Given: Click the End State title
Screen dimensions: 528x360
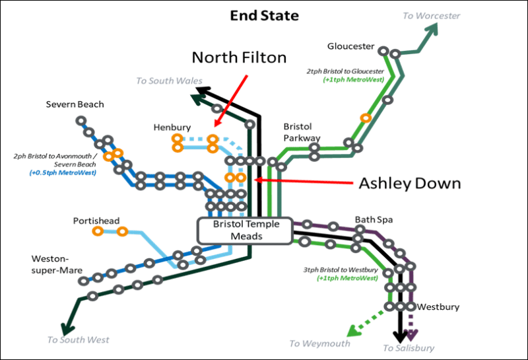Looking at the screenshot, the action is (265, 15).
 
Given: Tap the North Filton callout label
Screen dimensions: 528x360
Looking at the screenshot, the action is (239, 57).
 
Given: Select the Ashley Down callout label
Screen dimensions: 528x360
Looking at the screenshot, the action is (410, 184).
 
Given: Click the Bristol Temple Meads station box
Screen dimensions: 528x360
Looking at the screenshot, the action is (245, 231).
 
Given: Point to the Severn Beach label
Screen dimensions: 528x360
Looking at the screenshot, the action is (75, 104).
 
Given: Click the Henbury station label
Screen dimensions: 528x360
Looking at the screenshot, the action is (172, 127).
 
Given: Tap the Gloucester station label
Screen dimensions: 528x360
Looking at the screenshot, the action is (350, 46).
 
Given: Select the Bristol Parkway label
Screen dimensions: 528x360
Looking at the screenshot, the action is (302, 132).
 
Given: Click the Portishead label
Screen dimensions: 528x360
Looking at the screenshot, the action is (96, 221).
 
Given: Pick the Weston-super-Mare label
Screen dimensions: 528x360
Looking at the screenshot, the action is (57, 265).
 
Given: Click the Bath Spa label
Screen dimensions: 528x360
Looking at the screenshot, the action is (374, 220).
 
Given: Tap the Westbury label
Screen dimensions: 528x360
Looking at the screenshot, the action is (438, 306).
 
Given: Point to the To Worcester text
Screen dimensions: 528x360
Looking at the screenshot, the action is (432, 16).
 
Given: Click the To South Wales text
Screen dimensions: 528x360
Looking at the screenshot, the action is (169, 81).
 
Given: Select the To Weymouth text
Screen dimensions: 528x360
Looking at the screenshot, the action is (319, 343).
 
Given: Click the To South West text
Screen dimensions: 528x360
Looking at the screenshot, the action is (78, 340).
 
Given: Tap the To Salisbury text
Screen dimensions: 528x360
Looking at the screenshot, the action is (409, 348).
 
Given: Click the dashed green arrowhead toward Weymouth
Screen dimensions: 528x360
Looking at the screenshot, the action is (353, 331).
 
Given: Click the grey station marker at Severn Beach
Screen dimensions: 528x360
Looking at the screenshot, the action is (81, 121).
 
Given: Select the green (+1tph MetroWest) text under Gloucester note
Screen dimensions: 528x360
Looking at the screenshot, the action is (353, 80).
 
